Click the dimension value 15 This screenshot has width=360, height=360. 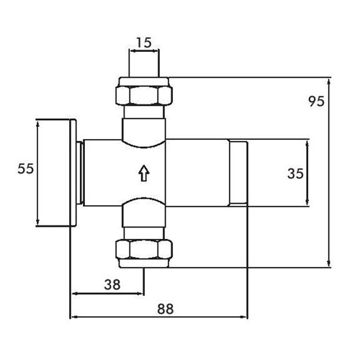144,42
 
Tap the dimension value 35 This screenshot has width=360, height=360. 294,174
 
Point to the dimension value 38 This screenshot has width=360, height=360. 112,284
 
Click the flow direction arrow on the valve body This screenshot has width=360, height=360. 144,173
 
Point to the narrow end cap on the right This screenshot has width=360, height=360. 238,174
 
